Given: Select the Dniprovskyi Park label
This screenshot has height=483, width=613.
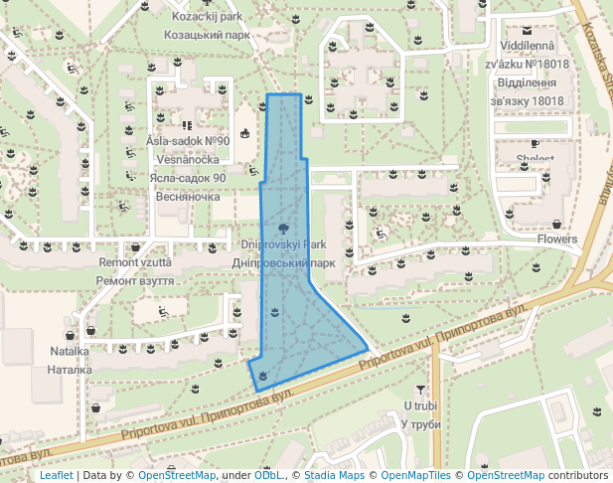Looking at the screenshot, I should (x=284, y=244).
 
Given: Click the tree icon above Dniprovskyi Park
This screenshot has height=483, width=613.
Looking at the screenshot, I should (x=285, y=227).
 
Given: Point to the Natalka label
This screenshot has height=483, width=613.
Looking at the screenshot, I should (x=71, y=352).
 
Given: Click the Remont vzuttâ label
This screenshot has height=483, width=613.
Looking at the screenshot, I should (x=135, y=263).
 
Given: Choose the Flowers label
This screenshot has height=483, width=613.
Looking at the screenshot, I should (x=556, y=240).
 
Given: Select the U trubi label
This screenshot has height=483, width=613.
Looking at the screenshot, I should (x=421, y=406).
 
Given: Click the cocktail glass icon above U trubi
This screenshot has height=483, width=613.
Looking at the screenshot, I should (x=421, y=390).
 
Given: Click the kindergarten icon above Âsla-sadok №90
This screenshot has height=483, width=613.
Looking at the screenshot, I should (x=187, y=125).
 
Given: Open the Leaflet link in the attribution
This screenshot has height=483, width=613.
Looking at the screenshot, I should (x=57, y=475).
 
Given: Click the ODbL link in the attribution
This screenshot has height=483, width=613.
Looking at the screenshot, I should (x=269, y=475).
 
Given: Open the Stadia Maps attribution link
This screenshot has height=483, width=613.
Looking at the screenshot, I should (x=334, y=475).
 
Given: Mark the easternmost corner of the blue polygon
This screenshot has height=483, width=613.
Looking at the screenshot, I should (x=369, y=351).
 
